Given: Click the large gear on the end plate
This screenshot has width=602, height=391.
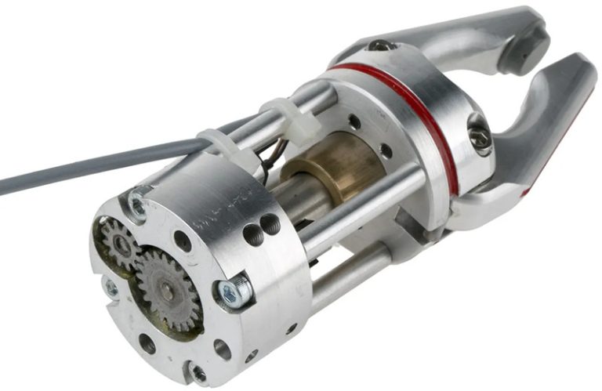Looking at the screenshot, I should point(166,291).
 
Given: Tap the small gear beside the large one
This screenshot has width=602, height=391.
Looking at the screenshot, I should point(120,243).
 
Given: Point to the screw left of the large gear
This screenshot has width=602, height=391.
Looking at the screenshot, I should point(111,288).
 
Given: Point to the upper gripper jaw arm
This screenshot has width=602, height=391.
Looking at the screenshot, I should point(455,39).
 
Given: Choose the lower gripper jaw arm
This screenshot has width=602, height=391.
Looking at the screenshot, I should point(541,133).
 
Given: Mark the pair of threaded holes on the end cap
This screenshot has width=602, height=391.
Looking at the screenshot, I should point(260,228).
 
